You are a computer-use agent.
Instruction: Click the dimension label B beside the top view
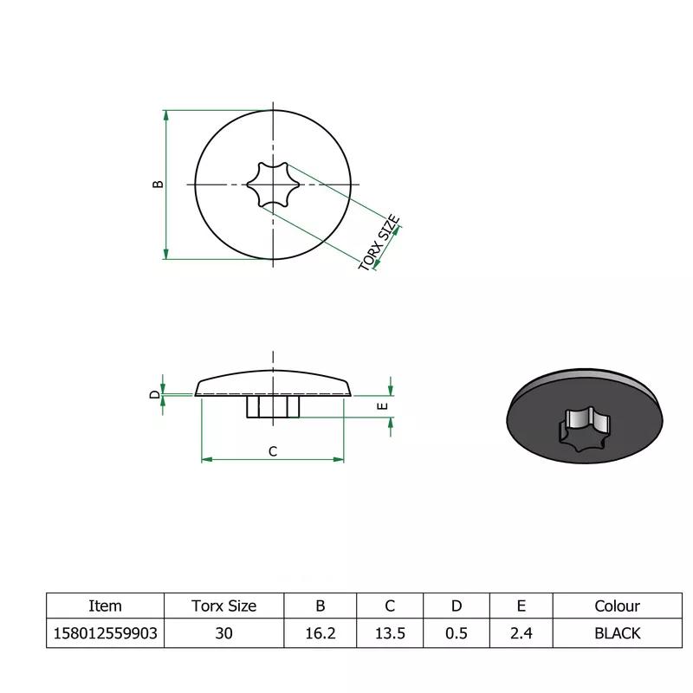click(158, 184)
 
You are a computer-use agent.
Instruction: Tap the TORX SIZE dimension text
click(380, 243)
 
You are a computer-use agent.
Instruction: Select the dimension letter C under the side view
click(272, 450)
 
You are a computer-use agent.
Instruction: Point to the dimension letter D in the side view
click(154, 395)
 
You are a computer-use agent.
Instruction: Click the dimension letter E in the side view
click(383, 405)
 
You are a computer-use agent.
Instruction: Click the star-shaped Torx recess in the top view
click(273, 184)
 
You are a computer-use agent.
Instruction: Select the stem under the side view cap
click(273, 406)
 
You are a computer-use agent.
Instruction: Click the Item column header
click(105, 606)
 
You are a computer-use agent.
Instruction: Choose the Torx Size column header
click(223, 606)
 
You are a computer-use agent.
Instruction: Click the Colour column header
click(617, 606)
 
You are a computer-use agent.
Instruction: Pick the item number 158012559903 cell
click(105, 633)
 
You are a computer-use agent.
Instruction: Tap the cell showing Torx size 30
click(223, 633)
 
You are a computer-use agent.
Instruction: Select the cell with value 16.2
click(320, 633)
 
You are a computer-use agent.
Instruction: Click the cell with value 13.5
click(390, 633)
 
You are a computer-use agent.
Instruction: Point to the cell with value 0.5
click(456, 633)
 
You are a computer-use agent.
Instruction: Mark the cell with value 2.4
click(521, 633)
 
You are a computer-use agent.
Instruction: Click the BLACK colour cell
click(617, 633)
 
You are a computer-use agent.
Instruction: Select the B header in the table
click(320, 606)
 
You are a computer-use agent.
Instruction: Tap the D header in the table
click(456, 606)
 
